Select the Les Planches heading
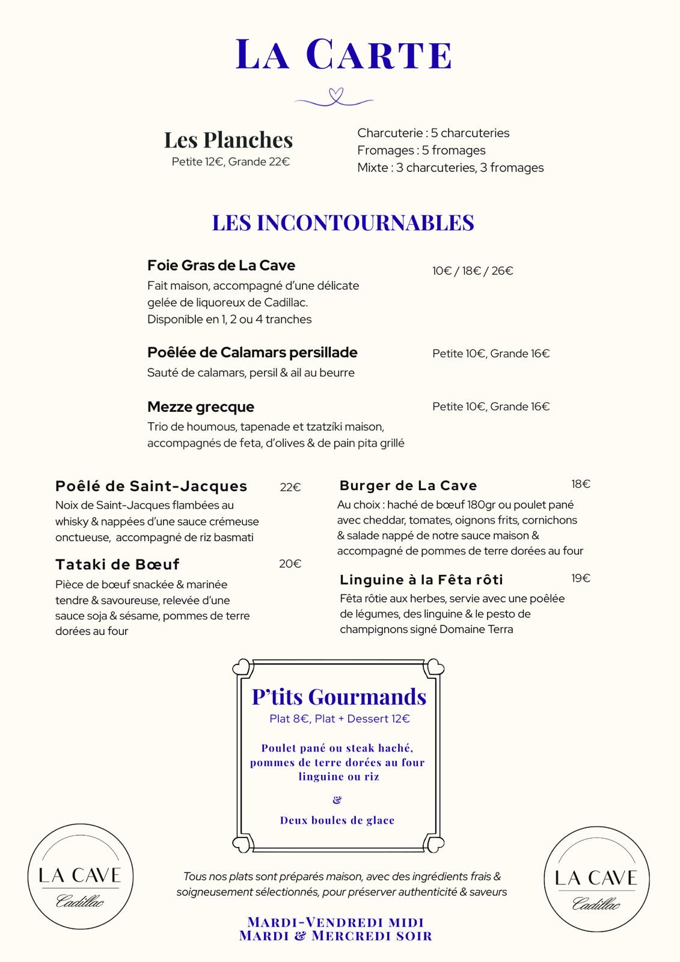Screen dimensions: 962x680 [228, 140]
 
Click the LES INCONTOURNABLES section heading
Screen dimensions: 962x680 [343, 222]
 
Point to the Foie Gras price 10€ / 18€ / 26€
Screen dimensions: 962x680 [473, 271]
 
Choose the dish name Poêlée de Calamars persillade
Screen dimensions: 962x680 [252, 353]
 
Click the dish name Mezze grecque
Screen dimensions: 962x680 [201, 407]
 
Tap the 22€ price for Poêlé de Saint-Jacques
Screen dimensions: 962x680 [290, 488]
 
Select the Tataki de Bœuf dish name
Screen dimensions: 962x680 [117, 565]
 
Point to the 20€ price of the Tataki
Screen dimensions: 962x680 [290, 564]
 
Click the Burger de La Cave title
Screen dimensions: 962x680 [408, 486]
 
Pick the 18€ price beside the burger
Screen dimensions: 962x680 [581, 484]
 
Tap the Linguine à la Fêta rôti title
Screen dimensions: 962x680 [421, 580]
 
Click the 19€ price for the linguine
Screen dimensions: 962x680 [581, 578]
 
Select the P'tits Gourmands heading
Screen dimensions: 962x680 [339, 697]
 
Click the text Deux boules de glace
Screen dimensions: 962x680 [337, 821]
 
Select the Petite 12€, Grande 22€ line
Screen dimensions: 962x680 [231, 162]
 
